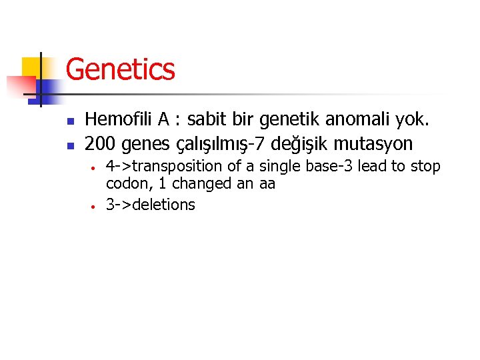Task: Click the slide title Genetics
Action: click(x=121, y=69)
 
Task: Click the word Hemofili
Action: click(x=119, y=120)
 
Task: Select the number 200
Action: click(x=99, y=143)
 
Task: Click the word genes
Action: click(x=141, y=143)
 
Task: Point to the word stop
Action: click(x=425, y=166)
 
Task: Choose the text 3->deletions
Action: click(x=151, y=205)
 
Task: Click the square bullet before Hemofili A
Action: click(x=69, y=121)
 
